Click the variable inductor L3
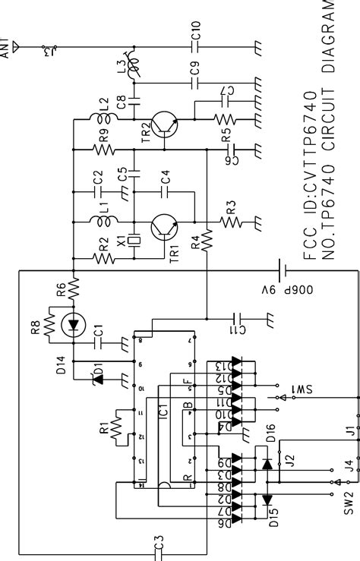coord(134,70)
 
